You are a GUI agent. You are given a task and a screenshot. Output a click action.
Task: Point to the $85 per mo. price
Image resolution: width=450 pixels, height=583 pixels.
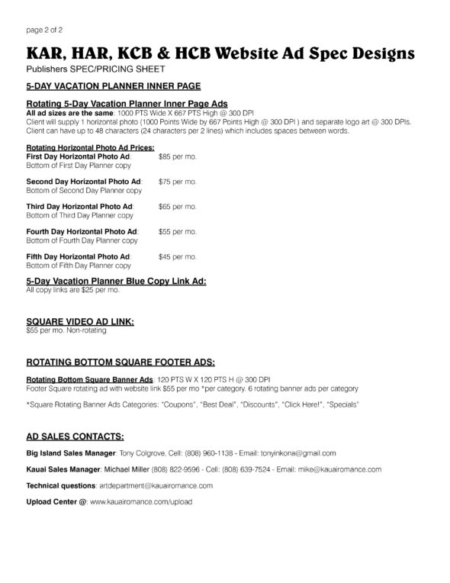click(177, 156)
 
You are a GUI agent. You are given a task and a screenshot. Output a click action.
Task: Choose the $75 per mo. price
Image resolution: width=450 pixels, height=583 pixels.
click(177, 182)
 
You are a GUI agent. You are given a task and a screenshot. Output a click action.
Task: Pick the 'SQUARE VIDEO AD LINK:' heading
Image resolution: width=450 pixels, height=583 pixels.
click(80, 323)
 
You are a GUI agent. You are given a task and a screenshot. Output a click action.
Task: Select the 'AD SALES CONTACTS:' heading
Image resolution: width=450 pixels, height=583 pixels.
click(76, 436)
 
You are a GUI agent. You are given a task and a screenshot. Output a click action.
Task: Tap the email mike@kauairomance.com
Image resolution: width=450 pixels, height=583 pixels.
click(339, 469)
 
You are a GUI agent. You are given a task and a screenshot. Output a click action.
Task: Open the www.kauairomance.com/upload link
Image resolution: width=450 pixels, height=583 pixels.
click(140, 501)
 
